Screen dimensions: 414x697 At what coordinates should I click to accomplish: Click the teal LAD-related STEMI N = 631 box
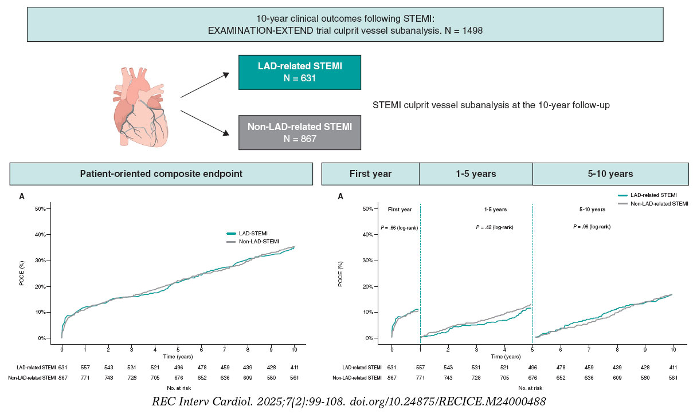point(300,72)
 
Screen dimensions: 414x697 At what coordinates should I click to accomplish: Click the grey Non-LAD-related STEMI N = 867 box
point(300,132)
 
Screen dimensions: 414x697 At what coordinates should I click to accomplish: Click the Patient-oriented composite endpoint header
point(161,174)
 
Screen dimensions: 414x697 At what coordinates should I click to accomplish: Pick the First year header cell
point(370,174)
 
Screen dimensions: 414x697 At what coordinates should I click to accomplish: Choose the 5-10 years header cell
point(610,174)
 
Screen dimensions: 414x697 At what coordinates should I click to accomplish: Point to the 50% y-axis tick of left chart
point(40,208)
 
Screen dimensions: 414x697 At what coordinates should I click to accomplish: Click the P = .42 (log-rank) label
point(494,227)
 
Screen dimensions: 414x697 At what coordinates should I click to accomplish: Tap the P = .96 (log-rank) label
point(592,227)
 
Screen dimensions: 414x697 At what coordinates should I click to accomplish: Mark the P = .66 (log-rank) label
point(399,227)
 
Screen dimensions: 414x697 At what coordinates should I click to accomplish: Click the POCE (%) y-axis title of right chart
point(340,273)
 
